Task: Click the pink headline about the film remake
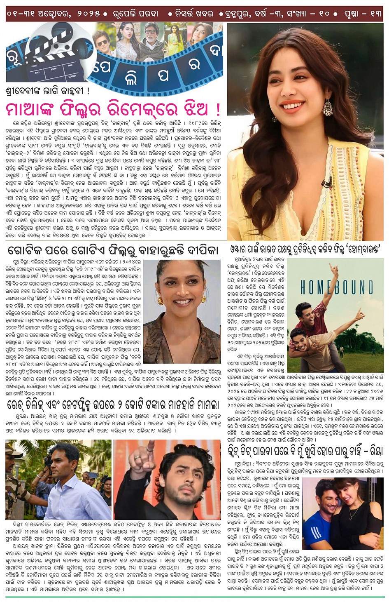click(x=113, y=110)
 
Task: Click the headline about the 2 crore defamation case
click(x=113, y=404)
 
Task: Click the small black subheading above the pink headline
click(x=47, y=91)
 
